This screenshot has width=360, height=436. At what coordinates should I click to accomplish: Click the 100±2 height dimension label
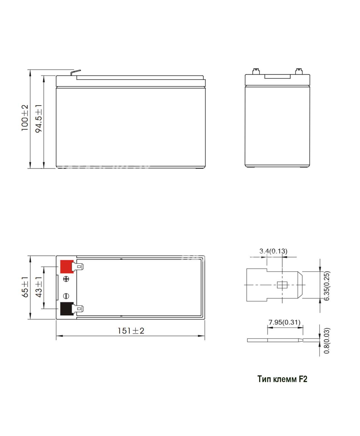point(25,118)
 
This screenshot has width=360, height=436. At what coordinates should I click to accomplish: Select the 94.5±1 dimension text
point(39,119)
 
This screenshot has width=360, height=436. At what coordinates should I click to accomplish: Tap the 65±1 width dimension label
point(25,287)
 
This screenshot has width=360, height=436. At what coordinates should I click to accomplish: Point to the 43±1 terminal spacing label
point(39,287)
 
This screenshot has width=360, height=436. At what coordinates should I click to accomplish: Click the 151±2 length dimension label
point(131,331)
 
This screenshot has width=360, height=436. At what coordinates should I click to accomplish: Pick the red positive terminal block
point(67,267)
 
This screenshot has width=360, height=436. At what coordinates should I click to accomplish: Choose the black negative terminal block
point(67,309)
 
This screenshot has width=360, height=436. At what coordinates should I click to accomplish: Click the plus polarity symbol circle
point(66,279)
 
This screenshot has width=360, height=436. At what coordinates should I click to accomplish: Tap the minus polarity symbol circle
point(66,296)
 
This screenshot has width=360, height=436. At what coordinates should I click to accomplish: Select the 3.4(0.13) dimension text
point(273,251)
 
